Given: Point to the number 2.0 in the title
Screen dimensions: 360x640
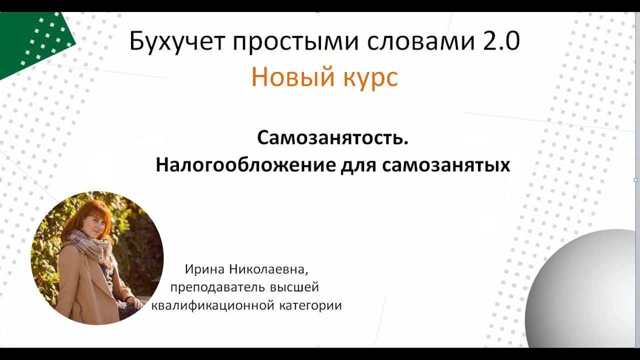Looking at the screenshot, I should (x=501, y=42).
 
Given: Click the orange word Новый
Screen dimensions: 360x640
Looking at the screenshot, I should (x=287, y=77).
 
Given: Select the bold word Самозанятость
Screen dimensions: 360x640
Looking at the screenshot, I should (x=333, y=137).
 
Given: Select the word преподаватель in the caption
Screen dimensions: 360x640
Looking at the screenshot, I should (x=217, y=288).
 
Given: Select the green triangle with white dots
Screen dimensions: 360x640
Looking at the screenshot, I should (x=30, y=42).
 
